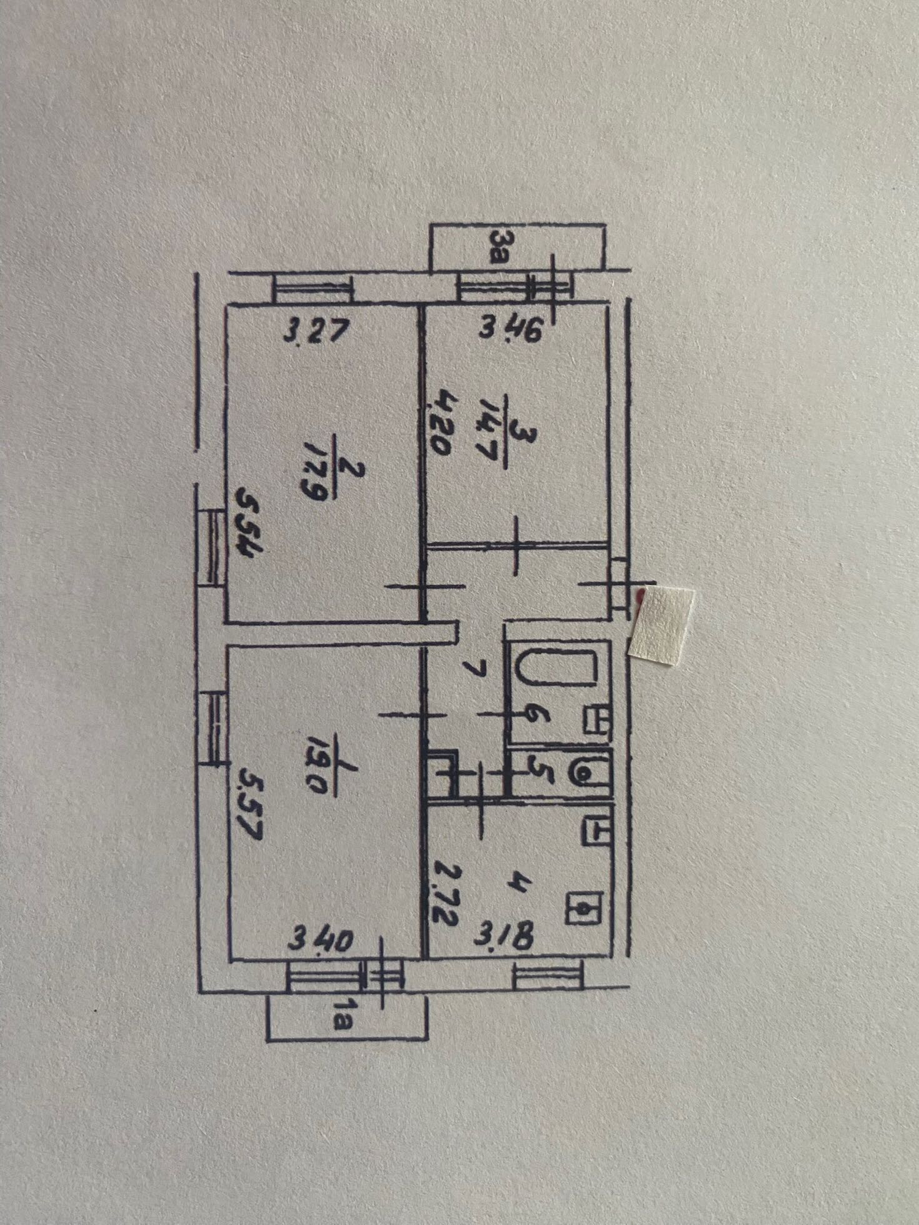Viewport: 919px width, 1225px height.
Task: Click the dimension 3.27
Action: [x=314, y=331]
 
